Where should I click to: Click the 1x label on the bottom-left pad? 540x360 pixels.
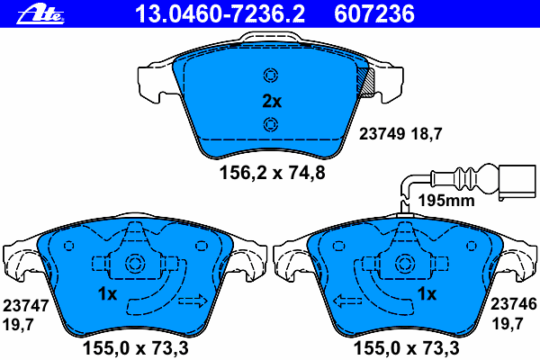pyautogui.click(x=107, y=294)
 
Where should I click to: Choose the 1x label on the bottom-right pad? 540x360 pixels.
pyautogui.click(x=426, y=294)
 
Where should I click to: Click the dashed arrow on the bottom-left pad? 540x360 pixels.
pyautogui.click(x=193, y=300)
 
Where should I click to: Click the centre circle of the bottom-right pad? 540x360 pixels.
pyautogui.click(x=403, y=265)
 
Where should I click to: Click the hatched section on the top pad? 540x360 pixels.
pyautogui.click(x=366, y=83)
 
